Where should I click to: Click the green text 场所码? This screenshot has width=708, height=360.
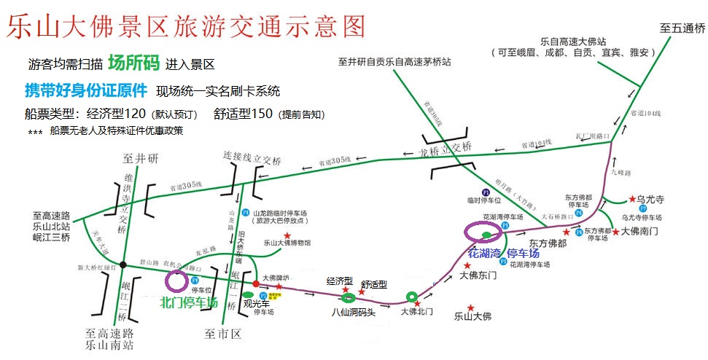[133, 63]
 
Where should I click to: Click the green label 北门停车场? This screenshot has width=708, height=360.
[189, 302]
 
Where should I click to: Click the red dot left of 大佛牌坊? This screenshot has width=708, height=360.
[255, 283]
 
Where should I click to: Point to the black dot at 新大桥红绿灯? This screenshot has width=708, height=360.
[123, 264]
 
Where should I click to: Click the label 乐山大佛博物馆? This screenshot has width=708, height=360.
[287, 243]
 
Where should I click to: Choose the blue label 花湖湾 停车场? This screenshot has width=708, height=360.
[504, 254]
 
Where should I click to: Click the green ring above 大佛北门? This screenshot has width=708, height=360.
[412, 296]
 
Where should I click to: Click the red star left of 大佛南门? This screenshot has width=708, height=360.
[616, 232]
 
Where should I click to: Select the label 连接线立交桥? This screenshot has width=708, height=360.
[251, 156]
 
